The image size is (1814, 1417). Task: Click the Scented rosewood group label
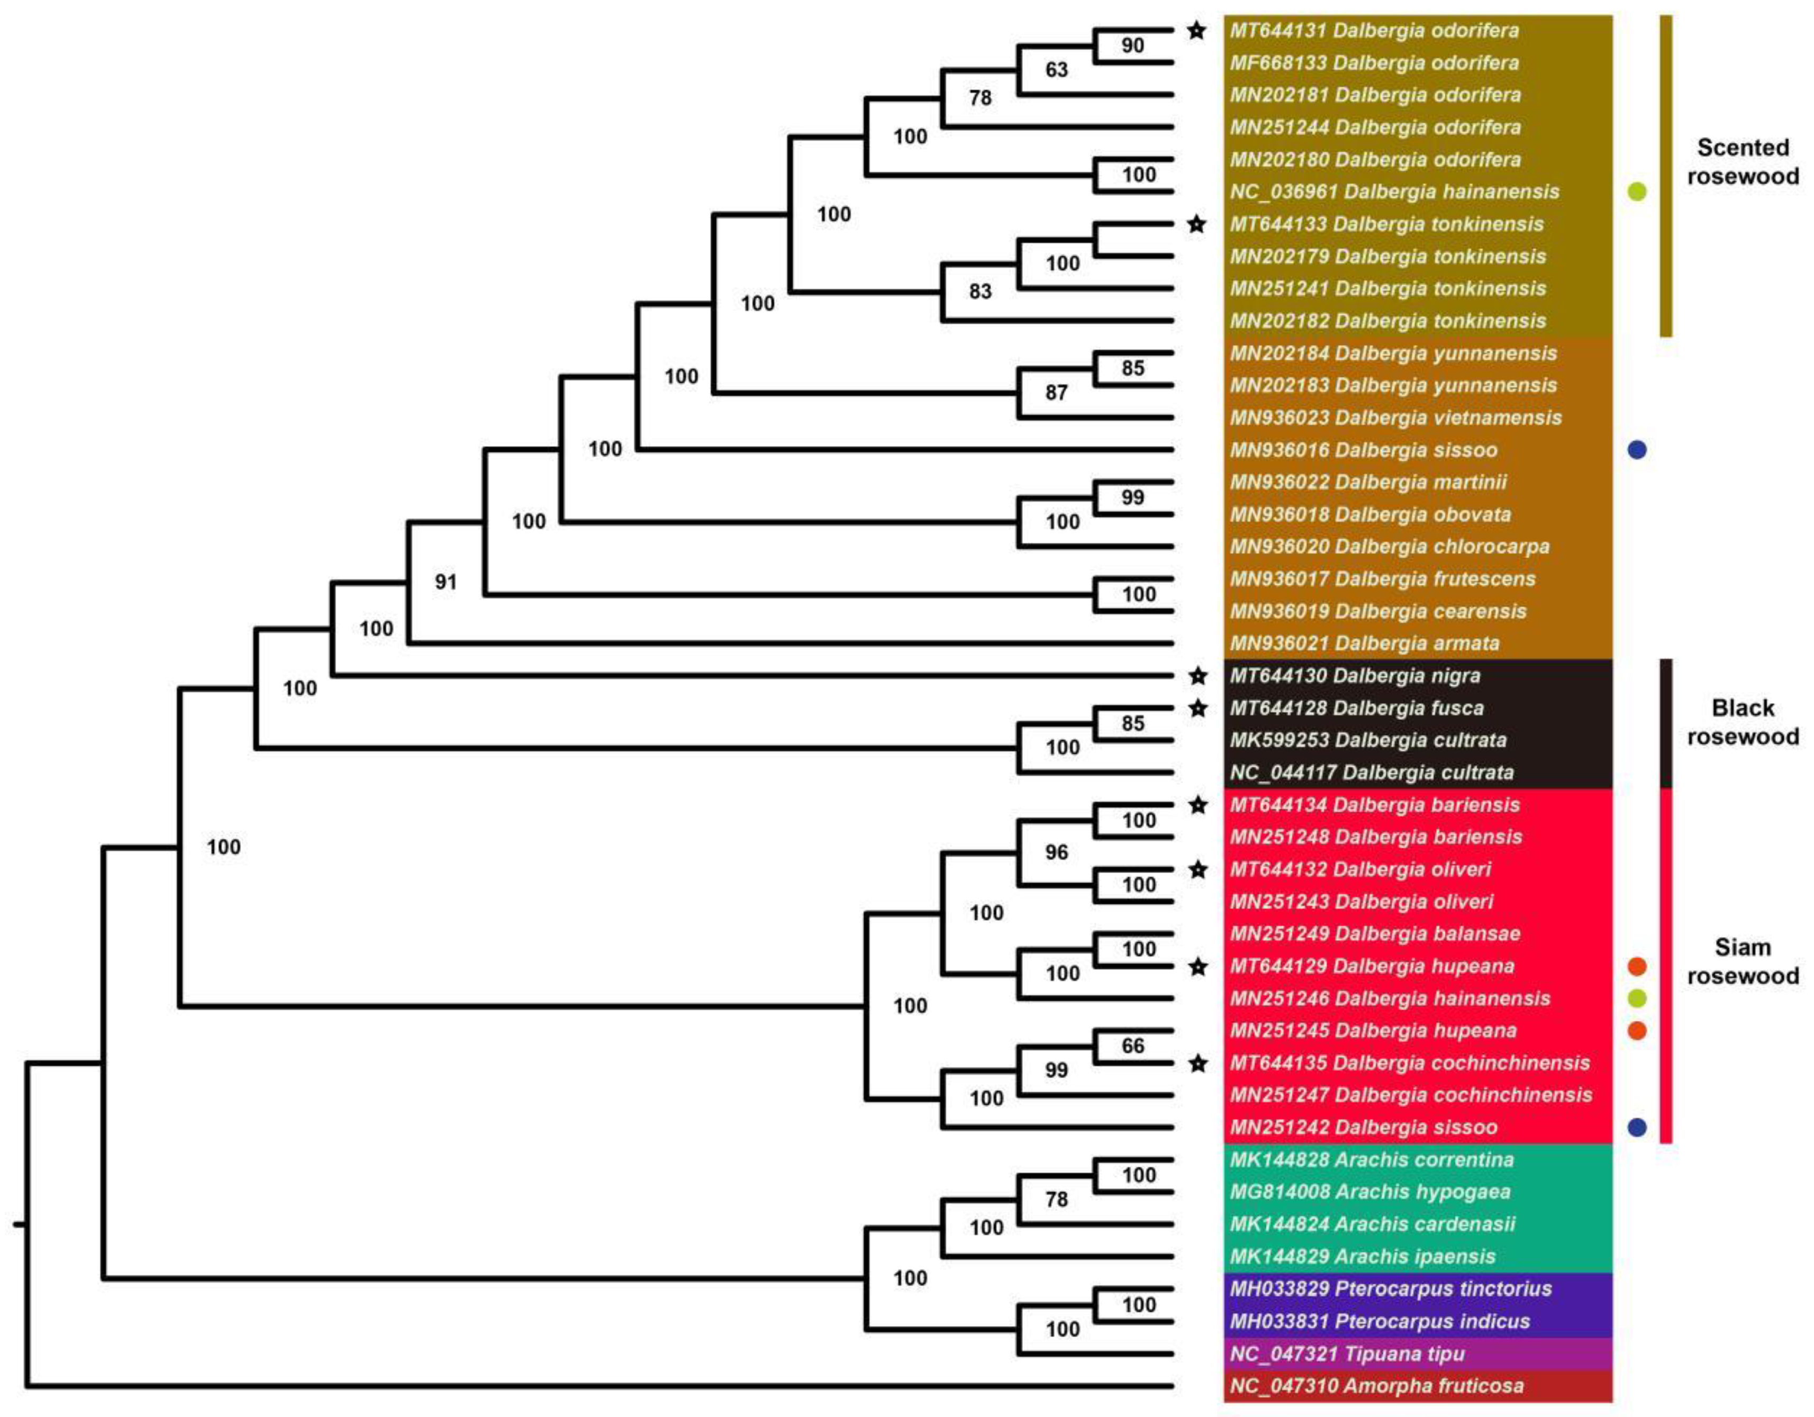click(1743, 162)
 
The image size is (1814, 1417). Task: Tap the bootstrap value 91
click(446, 582)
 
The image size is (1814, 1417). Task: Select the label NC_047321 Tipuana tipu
click(1346, 1354)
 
